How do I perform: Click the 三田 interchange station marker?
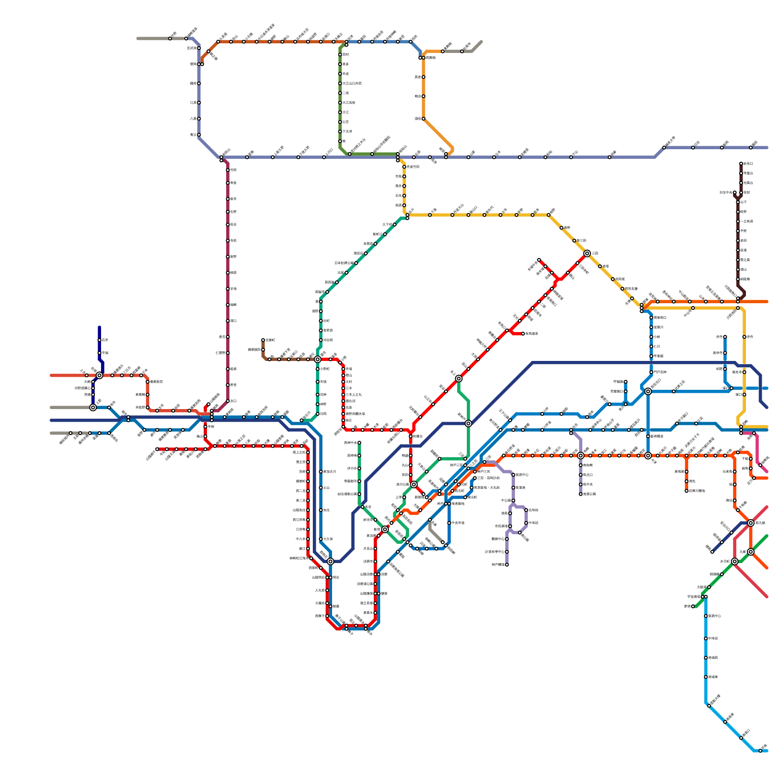587,253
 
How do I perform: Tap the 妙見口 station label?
748,164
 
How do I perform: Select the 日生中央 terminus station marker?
735,192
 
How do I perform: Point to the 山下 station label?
744,202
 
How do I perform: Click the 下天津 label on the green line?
347,131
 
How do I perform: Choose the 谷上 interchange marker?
459,378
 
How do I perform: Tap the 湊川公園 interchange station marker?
414,484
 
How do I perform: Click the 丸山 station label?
405,465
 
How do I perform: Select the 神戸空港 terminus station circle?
507,565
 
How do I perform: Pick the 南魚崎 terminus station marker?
581,494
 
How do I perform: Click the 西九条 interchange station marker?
751,523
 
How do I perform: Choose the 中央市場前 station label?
458,523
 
